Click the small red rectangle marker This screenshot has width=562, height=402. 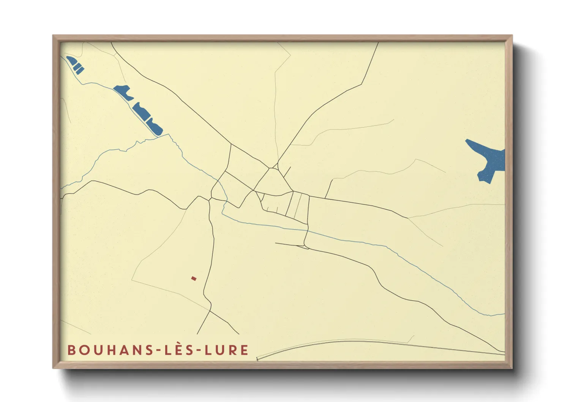point(194,279)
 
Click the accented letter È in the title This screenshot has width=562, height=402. point(179,350)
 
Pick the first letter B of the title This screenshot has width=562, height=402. point(71,350)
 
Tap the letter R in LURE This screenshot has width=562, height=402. point(234,350)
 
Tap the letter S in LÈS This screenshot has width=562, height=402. point(189,350)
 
